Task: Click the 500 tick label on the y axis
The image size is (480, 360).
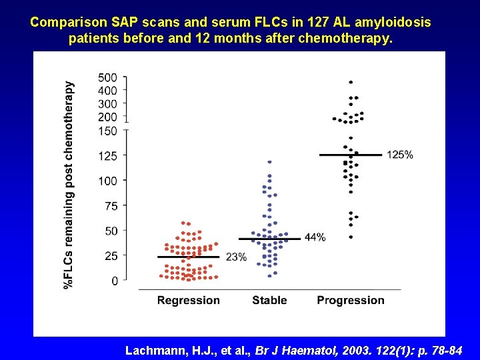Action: click(107, 78)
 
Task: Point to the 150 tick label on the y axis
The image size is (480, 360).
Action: click(107, 131)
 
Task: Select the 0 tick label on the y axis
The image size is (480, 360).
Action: click(115, 281)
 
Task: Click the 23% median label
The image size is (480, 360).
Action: click(236, 257)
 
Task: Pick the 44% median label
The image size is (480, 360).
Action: click(315, 237)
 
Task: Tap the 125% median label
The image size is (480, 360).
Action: click(400, 155)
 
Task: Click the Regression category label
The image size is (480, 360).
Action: click(188, 301)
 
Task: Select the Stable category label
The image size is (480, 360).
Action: click(269, 301)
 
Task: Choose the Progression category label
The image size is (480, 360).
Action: click(351, 301)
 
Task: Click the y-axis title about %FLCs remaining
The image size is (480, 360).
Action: click(69, 185)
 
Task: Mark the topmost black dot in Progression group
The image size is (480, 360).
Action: click(351, 82)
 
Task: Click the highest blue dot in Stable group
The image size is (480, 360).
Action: click(269, 162)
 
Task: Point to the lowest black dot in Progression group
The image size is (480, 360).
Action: click(351, 237)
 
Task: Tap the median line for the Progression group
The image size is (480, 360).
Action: click(351, 155)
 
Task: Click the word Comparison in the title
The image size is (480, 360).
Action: click(65, 22)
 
